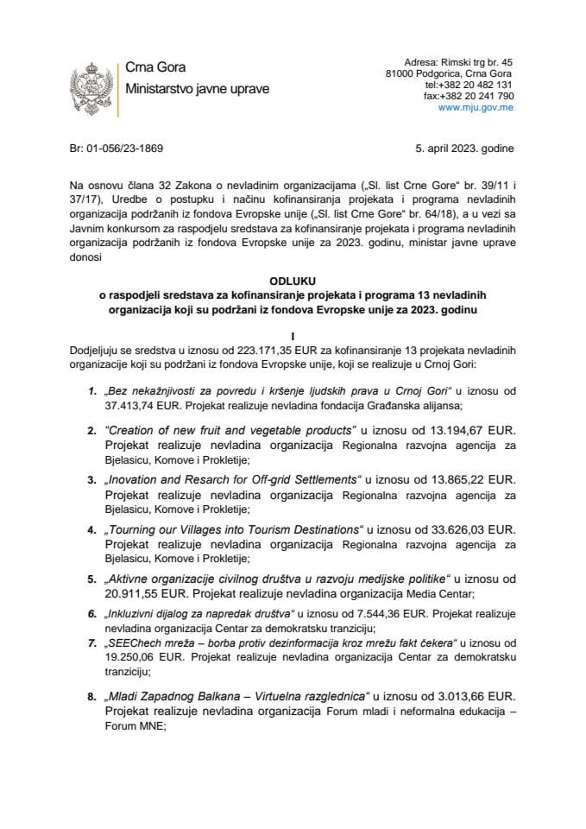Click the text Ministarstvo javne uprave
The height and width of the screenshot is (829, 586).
pos(197,89)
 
